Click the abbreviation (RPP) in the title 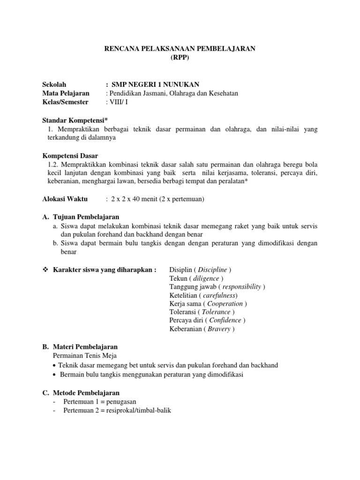click(180, 57)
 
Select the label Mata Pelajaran click(66, 93)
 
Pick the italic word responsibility click(242, 287)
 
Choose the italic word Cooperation click(225, 304)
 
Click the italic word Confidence click(225, 321)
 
